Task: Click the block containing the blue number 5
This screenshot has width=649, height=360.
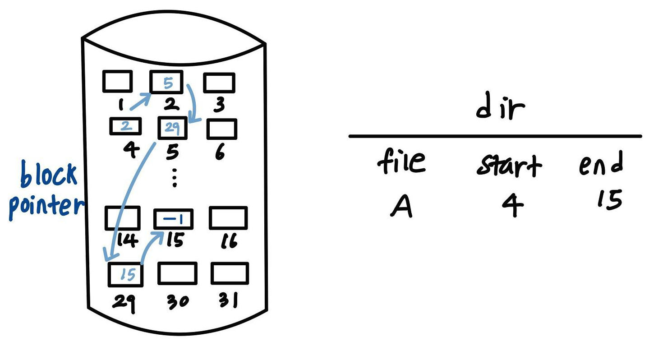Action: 166,83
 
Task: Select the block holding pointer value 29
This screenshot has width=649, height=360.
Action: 172,128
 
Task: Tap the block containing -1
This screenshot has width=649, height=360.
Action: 173,219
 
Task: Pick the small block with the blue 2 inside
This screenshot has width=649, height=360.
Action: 126,126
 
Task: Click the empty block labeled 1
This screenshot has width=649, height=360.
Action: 117,81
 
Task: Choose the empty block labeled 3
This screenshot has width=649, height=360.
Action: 219,83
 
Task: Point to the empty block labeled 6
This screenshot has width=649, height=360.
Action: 222,129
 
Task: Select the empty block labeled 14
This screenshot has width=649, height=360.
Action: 122,218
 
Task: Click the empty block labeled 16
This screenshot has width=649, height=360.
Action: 228,218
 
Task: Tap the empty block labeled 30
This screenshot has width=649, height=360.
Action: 177,273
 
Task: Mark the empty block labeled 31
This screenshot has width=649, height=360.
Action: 230,273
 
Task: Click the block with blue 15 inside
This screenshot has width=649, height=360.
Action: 126,274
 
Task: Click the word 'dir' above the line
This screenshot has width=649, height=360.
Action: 501,108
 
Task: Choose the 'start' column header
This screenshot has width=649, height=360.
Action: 509,166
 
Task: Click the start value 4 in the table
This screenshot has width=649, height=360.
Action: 513,207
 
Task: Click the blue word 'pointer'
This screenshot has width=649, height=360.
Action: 46,206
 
